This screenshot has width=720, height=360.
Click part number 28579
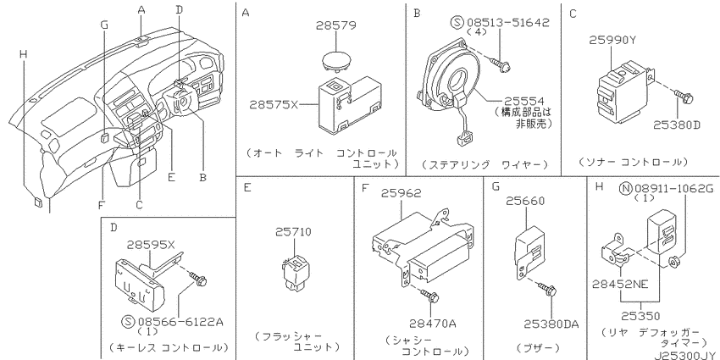coord(335,25)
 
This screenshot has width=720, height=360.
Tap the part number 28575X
coord(274,105)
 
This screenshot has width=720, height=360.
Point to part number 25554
coord(524,101)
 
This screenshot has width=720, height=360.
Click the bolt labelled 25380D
coord(684,97)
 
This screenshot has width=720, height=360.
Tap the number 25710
coord(293,232)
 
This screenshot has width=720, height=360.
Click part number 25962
coord(401,193)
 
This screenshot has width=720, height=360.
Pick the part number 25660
coord(525,201)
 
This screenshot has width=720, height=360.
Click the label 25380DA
coord(551,324)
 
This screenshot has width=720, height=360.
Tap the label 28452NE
coord(620,285)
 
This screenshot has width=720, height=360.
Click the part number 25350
coord(640,316)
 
